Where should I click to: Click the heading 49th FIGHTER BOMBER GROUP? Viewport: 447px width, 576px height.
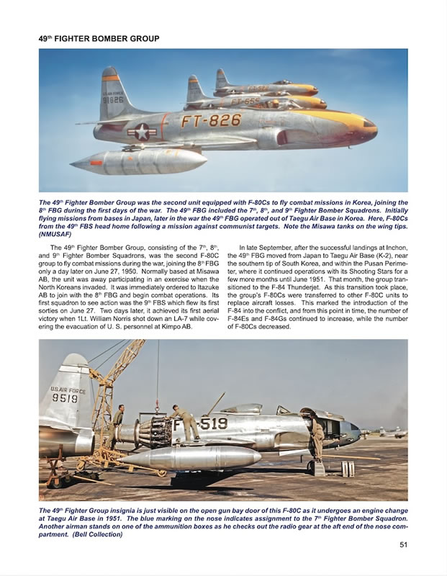click(x=99, y=37)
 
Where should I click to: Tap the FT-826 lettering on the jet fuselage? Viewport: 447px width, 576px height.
click(x=211, y=120)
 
